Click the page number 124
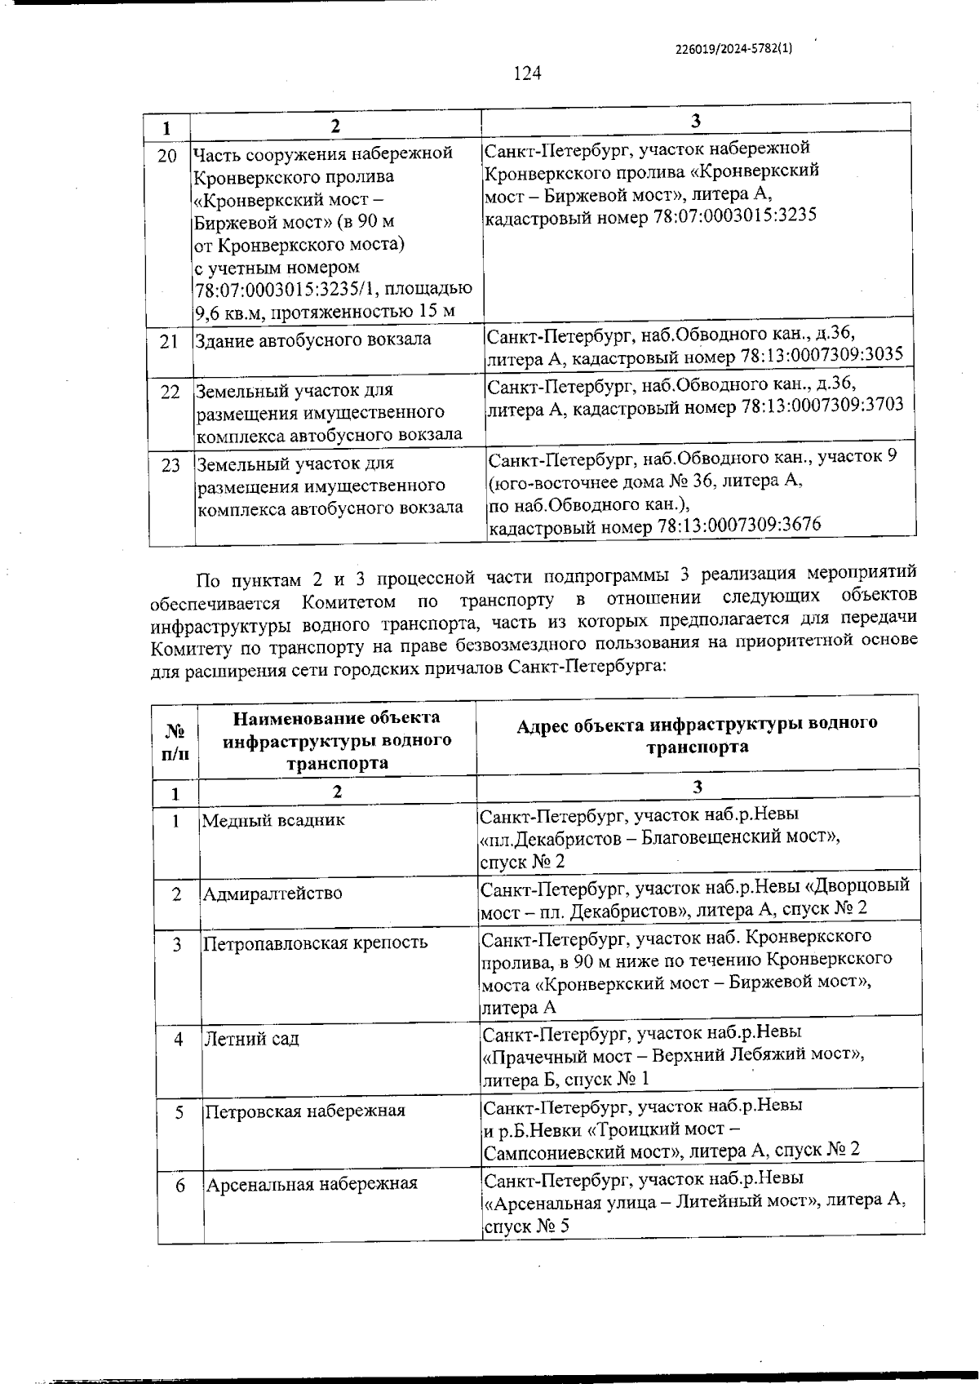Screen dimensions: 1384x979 click(x=527, y=73)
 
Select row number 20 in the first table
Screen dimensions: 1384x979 click(x=167, y=156)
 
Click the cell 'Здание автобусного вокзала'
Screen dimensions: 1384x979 click(x=312, y=339)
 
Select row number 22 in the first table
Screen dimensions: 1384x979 click(x=170, y=392)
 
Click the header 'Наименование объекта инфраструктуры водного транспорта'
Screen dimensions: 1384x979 click(x=337, y=740)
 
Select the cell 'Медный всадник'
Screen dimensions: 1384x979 click(x=273, y=820)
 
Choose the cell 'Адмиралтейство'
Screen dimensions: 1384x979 click(x=272, y=893)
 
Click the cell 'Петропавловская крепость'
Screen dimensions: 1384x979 click(x=315, y=943)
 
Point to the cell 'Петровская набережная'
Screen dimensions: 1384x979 click(x=305, y=1111)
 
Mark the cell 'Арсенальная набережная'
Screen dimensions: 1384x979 click(x=311, y=1183)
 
